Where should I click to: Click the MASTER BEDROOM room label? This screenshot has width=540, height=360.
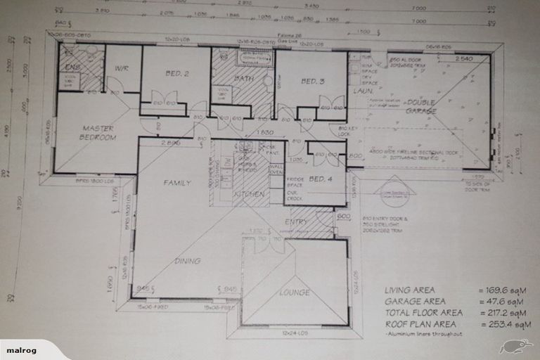click(x=98, y=133)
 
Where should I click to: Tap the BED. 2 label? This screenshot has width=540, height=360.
click(x=176, y=73)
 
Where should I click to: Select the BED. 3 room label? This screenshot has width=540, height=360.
click(x=312, y=82)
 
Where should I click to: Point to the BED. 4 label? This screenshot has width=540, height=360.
click(x=319, y=179)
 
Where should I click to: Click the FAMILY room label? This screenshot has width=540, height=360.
click(x=177, y=183)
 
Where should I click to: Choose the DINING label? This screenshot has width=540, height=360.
click(x=187, y=261)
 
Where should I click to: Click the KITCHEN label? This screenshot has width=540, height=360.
click(x=248, y=194)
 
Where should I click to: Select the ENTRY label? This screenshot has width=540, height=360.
click(x=295, y=222)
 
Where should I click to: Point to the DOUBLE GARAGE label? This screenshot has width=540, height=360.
click(x=420, y=106)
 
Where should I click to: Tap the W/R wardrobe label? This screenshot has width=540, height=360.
click(x=120, y=69)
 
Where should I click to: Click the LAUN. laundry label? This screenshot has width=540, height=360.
click(x=363, y=91)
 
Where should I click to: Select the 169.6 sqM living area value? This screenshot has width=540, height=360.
click(x=503, y=290)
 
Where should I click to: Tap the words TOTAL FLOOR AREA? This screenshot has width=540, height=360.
click(x=423, y=312)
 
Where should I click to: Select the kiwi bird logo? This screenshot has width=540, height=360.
click(x=514, y=345)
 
